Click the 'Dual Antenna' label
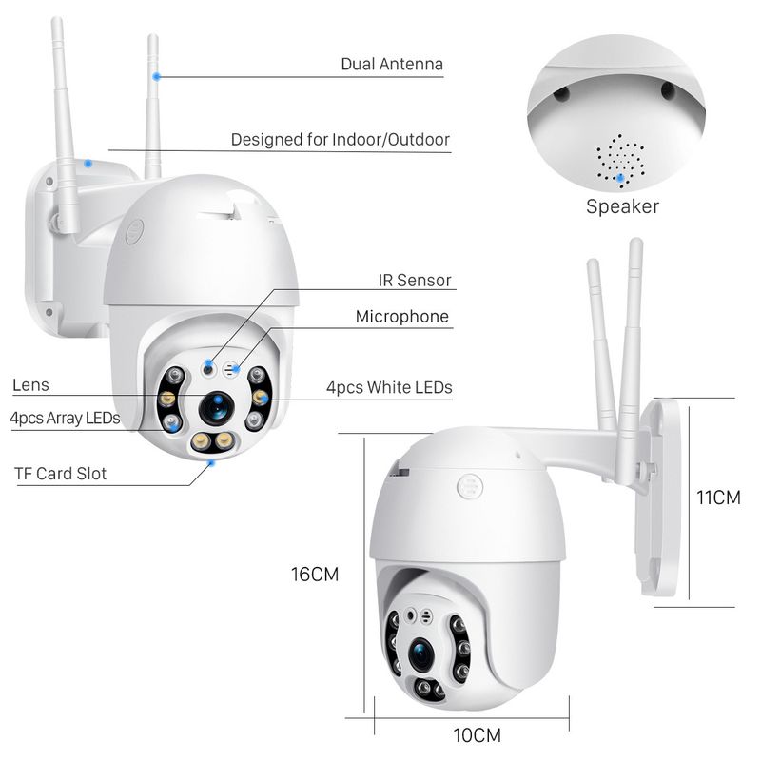click(392, 65)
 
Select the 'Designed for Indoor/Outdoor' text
click(340, 140)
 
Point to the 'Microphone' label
click(401, 317)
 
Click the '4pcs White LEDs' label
click(388, 387)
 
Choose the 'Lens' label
click(30, 385)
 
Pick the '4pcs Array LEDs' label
click(65, 418)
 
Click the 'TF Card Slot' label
click(59, 473)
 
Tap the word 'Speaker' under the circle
click(622, 206)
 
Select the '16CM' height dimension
click(314, 575)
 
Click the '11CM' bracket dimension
click(718, 498)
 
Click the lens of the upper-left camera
click(216, 406)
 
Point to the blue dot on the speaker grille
click(621, 176)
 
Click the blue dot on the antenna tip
click(157, 75)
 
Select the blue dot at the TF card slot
click(211, 462)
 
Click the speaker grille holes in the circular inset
click(621, 158)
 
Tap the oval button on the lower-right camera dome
click(468, 485)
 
